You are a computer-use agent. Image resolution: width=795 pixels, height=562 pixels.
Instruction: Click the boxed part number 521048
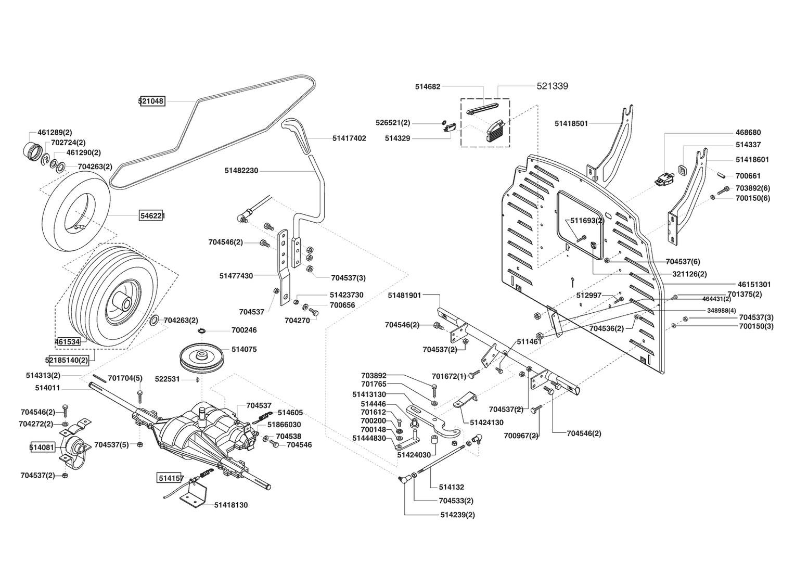[152, 101]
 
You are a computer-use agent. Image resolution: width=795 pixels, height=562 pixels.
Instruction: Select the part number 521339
[552, 86]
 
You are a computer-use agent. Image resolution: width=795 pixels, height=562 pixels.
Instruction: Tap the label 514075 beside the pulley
[244, 349]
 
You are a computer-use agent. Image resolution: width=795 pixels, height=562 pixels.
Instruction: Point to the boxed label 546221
[152, 215]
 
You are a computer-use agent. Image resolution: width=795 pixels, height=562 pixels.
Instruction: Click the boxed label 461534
[68, 341]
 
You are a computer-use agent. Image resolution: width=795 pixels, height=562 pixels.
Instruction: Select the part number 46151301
[754, 284]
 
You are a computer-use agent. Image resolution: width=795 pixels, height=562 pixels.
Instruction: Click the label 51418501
[571, 123]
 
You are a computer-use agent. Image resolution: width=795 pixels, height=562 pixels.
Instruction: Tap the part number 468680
[748, 132]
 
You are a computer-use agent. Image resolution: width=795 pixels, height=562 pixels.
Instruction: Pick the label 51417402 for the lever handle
[349, 138]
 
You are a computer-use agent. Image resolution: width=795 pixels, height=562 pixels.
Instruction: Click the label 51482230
[241, 171]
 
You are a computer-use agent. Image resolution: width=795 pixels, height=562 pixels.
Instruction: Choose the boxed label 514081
[42, 448]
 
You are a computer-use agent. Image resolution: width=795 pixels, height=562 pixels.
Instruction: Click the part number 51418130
[231, 505]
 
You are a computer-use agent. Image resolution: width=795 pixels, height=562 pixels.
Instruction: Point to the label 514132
[452, 487]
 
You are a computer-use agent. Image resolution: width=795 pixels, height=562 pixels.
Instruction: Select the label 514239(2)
[457, 515]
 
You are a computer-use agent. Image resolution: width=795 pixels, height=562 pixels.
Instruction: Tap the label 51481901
[405, 296]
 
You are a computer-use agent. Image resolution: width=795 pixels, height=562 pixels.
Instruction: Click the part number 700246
[244, 330]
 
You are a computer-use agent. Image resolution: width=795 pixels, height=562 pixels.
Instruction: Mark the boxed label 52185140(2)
[67, 360]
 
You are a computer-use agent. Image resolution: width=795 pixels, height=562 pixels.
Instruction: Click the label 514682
[428, 86]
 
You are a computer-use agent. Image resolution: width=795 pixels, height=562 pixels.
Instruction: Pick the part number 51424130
[486, 423]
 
